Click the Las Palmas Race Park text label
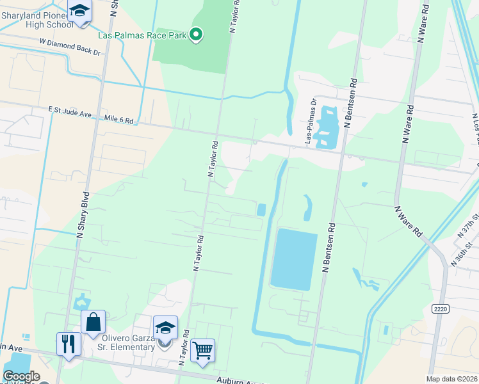tap(142, 35)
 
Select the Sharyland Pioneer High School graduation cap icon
tap(80, 12)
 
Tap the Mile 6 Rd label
tap(120, 120)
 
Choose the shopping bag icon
tap(93, 321)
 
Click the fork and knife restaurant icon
tap(69, 344)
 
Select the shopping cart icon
tap(202, 351)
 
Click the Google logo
tap(21, 376)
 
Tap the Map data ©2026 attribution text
tap(451, 379)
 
